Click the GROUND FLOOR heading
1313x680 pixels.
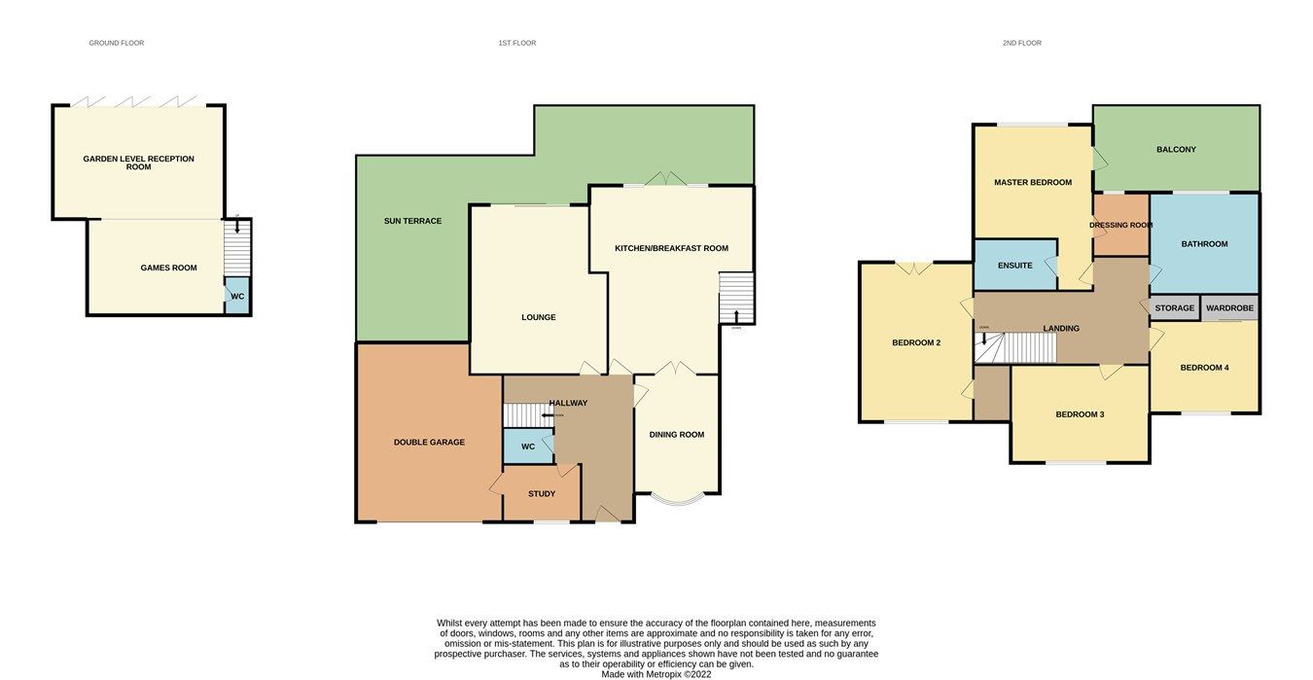[116, 43]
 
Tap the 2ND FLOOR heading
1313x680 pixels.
[1021, 43]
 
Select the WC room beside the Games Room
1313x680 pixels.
[237, 296]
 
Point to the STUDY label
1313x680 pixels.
[542, 494]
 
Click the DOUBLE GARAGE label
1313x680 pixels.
[429, 442]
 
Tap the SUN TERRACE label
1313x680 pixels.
[412, 221]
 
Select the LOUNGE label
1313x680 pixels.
[538, 317]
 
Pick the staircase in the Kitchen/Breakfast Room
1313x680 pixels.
[736, 298]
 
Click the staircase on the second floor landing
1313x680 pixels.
[1015, 347]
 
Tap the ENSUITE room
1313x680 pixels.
[1015, 265]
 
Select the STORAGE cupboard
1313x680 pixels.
[1175, 308]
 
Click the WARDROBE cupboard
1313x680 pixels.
[1230, 308]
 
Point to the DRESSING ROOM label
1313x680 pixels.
[1120, 225]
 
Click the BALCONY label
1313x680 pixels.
[1176, 149]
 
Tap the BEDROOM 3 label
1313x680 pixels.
[1080, 414]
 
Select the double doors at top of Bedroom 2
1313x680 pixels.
[915, 268]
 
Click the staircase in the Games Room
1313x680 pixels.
[237, 248]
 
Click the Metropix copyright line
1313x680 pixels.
[656, 674]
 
